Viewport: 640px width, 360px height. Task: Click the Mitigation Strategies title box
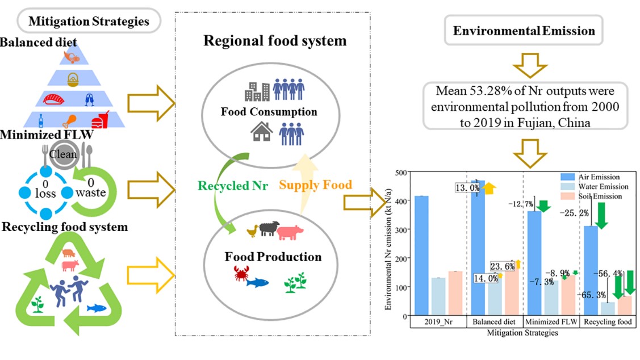tap(89, 22)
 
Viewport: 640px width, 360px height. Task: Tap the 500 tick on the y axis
tap(402, 172)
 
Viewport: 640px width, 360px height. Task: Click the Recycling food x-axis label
tap(608, 322)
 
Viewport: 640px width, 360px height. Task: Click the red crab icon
tap(241, 275)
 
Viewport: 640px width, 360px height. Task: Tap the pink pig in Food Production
tap(291, 232)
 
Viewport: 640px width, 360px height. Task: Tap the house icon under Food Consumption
tap(260, 133)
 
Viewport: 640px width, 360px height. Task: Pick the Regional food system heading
tap(275, 41)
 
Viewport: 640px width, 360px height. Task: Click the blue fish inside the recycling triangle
tap(97, 308)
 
